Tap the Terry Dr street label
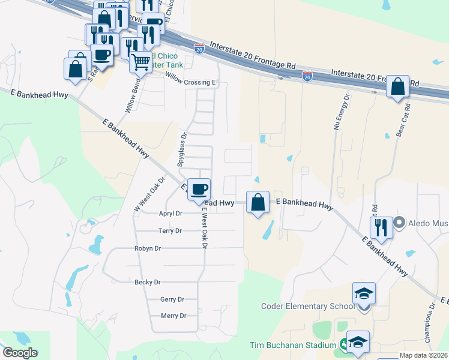tap(169, 230)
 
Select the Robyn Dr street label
tap(148, 248)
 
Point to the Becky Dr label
tap(148, 282)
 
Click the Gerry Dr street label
tap(172, 299)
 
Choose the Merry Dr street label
tap(173, 316)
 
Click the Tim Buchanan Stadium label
tap(293, 346)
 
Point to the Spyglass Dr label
tap(182, 149)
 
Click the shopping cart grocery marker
tap(140, 61)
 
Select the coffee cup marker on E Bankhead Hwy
tap(199, 189)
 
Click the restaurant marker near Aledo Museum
tap(381, 227)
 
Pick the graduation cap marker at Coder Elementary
tap(364, 293)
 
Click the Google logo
tap(20, 353)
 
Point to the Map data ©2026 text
tap(423, 355)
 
